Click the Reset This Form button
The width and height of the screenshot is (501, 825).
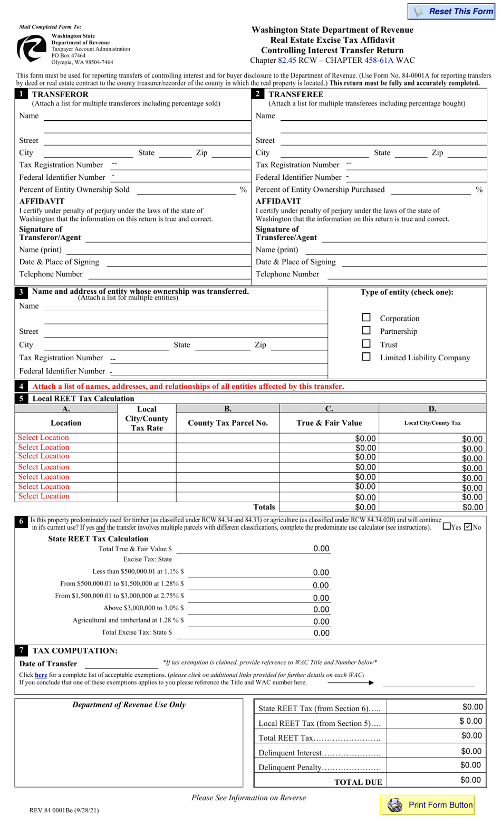(451, 12)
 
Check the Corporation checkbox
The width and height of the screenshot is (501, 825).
(366, 318)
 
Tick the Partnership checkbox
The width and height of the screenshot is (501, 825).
(366, 331)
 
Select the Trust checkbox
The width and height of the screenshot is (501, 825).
(366, 344)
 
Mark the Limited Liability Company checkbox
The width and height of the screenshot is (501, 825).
(366, 357)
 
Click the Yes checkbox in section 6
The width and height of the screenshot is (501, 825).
(447, 526)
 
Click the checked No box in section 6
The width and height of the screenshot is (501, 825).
(468, 526)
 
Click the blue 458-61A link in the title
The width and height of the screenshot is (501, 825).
(379, 60)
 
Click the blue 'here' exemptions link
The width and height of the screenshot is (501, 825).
(41, 675)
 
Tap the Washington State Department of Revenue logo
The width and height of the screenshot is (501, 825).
(32, 48)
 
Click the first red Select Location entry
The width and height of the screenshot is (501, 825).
(43, 437)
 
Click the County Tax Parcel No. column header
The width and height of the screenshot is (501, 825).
(228, 423)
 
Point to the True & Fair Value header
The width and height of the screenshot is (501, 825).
(329, 423)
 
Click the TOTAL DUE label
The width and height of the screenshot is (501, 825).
(358, 782)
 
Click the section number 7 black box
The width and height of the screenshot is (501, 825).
(21, 650)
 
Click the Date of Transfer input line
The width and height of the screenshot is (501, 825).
(121, 664)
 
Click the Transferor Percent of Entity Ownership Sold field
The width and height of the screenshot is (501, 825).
(185, 190)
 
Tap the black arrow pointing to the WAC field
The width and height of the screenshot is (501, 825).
(351, 683)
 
